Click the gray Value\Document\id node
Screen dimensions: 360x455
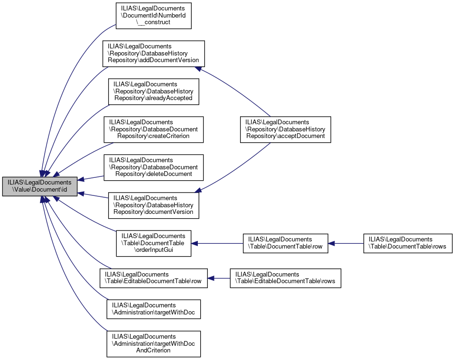[39, 186]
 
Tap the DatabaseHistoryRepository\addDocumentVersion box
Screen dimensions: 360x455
[154, 54]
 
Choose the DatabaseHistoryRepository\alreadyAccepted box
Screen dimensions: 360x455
[154, 92]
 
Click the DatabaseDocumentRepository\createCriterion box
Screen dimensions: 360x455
[154, 129]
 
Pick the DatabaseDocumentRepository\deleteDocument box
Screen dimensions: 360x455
[154, 167]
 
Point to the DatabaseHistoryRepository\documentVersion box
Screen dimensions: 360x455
[154, 205]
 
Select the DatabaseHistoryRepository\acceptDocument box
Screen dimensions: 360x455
[285, 129]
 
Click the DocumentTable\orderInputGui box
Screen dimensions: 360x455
[154, 243]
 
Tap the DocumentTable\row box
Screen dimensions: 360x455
[285, 243]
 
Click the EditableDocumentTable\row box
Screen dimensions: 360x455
[153, 278]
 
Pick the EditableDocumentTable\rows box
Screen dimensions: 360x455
[285, 278]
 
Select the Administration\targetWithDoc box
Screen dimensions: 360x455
[154, 309]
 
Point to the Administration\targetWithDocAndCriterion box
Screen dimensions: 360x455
[154, 344]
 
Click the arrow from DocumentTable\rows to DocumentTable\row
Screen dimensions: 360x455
[346, 243]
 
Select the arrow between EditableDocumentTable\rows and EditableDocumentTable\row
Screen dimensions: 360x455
[219, 278]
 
